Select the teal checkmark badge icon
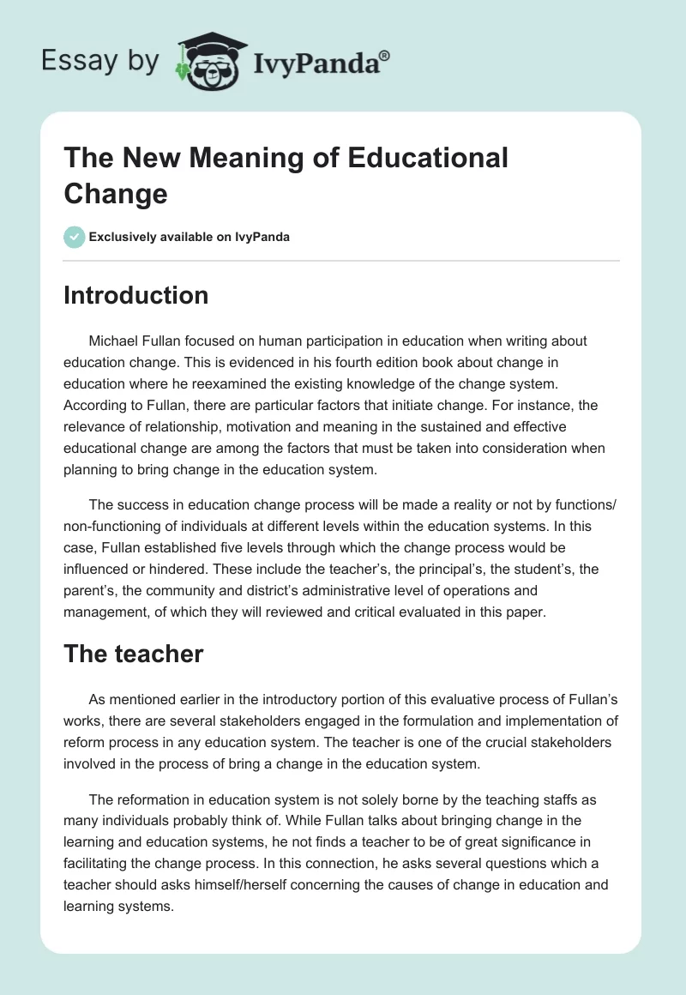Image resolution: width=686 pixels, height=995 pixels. [75, 237]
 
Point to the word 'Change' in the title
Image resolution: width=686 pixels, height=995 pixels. [115, 193]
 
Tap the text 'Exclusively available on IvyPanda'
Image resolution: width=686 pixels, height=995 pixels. [190, 238]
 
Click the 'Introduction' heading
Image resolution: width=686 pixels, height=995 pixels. [136, 296]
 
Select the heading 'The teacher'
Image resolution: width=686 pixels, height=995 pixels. [134, 654]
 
